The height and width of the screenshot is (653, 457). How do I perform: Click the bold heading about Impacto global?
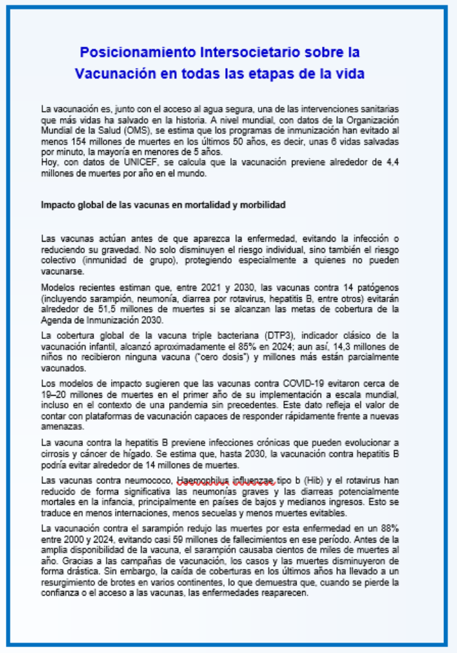click(x=163, y=204)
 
